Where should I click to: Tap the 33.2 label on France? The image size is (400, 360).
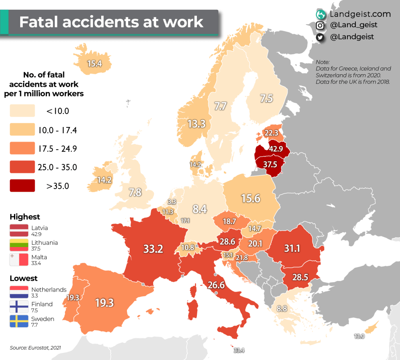click(x=153, y=249)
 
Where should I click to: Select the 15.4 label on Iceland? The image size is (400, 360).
click(x=95, y=63)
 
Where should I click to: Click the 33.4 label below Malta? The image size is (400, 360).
click(x=239, y=350)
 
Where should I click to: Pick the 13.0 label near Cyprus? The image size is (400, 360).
click(x=359, y=336)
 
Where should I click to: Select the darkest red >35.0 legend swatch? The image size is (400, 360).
click(x=23, y=186)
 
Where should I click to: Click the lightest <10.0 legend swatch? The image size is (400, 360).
click(x=23, y=111)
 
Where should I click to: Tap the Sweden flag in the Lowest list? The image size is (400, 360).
click(x=19, y=321)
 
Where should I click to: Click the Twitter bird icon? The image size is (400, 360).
click(x=320, y=37)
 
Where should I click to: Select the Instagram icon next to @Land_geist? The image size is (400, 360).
click(x=320, y=25)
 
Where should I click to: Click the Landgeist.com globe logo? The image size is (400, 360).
click(x=321, y=14)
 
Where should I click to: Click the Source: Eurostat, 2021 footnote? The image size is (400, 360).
click(x=36, y=347)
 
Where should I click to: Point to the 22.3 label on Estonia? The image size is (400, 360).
click(x=271, y=133)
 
